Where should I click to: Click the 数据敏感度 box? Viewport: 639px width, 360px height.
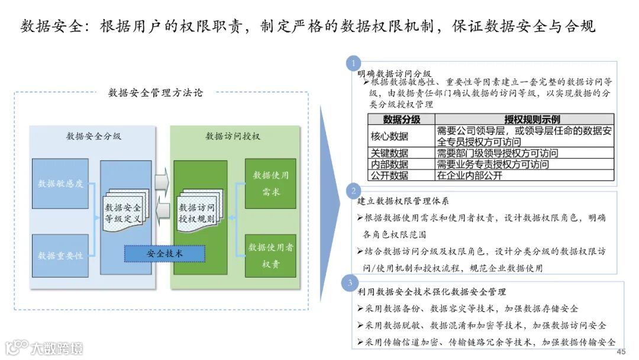[x=60, y=184]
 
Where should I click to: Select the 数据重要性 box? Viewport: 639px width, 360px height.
[x=60, y=255]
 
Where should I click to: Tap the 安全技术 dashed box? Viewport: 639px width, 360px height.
[x=164, y=253]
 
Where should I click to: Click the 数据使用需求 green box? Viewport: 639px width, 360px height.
[x=270, y=184]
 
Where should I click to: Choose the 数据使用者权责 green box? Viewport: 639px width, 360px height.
[x=270, y=255]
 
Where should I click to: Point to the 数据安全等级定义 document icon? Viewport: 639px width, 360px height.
[x=123, y=212]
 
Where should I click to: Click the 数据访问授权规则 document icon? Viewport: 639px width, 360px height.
[x=197, y=212]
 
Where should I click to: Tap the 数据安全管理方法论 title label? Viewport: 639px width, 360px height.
[x=155, y=92]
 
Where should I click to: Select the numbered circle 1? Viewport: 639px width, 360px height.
[x=353, y=63]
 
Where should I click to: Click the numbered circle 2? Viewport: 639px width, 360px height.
[x=353, y=190]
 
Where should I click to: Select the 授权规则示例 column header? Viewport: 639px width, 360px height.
[x=524, y=120]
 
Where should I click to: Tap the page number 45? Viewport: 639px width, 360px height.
[x=621, y=352]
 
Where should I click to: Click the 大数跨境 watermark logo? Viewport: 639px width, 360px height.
[x=44, y=348]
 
